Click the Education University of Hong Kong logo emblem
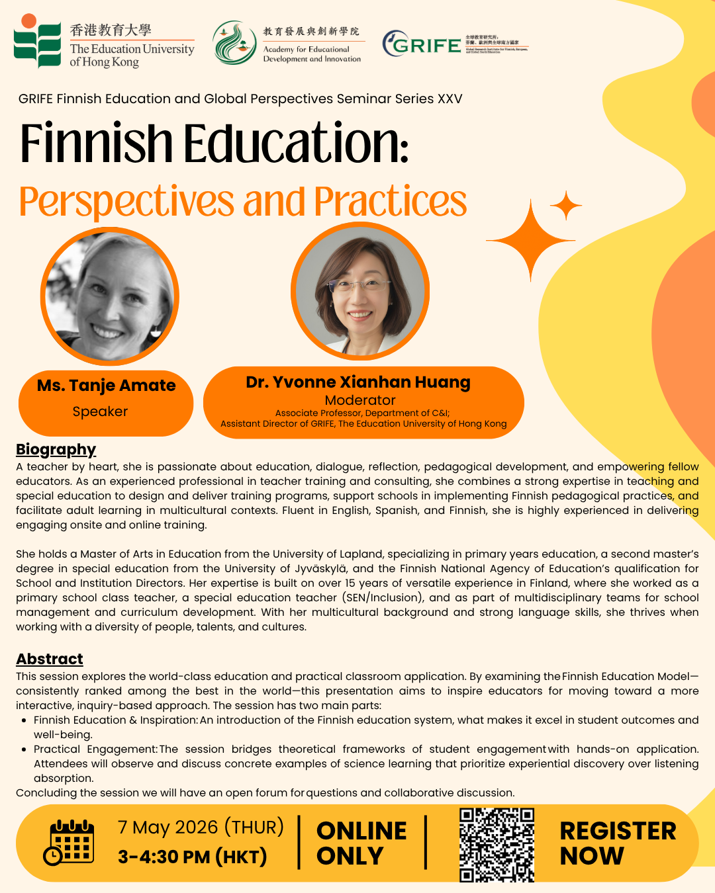37,41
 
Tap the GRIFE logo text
426,45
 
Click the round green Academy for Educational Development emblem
234,42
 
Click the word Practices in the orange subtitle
391,202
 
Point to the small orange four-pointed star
566,206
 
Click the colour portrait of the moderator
360,292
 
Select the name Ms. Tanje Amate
106,386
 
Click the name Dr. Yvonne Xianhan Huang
358,382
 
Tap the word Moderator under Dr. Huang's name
360,400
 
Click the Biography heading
56,450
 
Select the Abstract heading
50,659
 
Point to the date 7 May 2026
168,828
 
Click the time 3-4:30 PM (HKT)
192,857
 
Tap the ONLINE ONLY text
361,843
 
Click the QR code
497,845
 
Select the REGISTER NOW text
618,843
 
